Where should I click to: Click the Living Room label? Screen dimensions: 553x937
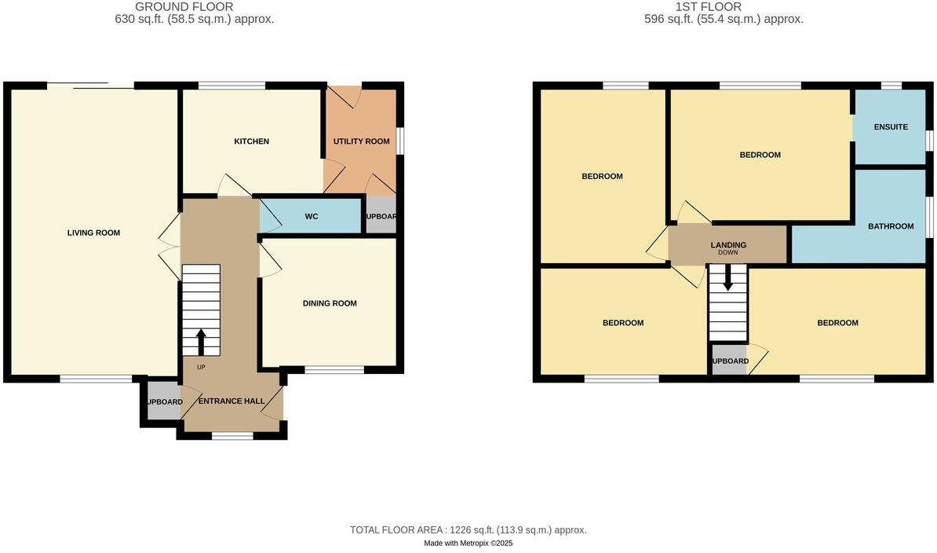(93, 233)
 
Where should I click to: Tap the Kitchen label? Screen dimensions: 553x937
(251, 141)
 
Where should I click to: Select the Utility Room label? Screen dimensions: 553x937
(361, 141)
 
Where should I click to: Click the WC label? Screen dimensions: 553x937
(311, 216)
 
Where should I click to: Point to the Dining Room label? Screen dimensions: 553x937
(330, 303)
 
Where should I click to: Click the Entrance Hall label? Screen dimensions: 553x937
(231, 401)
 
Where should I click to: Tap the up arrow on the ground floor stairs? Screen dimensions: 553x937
(200, 341)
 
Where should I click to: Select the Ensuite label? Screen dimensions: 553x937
(891, 126)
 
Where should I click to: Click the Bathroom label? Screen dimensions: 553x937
(891, 226)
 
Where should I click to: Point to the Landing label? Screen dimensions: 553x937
(728, 245)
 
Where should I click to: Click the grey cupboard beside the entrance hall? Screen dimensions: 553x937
(162, 401)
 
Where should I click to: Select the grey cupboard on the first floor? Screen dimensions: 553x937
(729, 361)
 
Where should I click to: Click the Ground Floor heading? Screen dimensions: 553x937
(184, 7)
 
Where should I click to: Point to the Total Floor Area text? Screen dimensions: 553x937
(468, 530)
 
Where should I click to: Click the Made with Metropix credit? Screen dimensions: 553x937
(468, 543)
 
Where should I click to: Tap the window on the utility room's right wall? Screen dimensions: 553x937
(399, 141)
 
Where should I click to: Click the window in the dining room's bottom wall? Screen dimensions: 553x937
(334, 369)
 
